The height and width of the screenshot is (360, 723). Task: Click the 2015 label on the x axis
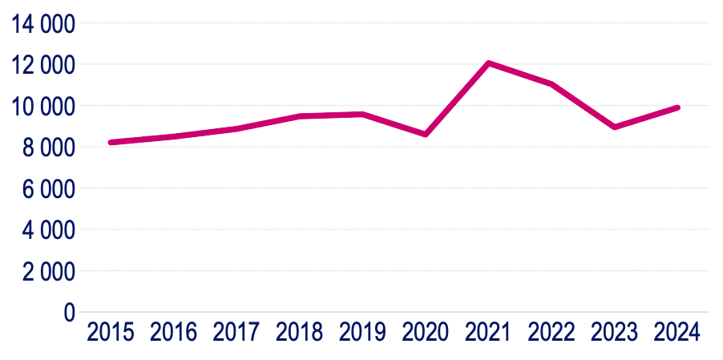point(111,332)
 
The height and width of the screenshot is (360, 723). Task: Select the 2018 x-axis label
point(299,332)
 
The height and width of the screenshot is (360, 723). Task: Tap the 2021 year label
point(488,332)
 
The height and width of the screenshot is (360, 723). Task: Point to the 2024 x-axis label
point(677,332)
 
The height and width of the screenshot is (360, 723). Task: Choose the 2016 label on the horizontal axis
point(173,332)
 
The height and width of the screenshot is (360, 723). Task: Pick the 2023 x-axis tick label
point(614,332)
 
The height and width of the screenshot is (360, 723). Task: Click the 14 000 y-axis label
point(43,24)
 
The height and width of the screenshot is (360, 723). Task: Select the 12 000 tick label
point(43,65)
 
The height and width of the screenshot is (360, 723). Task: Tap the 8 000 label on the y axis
point(49,148)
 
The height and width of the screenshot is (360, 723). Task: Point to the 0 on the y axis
point(69,313)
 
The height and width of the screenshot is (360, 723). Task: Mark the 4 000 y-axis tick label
point(49,230)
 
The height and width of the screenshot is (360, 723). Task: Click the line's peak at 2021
point(488,63)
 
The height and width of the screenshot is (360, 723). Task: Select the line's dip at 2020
point(426,134)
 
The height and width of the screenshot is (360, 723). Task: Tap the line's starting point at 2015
point(111,143)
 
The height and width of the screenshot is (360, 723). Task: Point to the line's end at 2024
point(677,107)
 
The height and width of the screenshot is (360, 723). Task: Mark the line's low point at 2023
point(614,127)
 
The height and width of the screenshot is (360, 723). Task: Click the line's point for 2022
point(551,83)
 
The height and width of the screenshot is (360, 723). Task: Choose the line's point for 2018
point(299,116)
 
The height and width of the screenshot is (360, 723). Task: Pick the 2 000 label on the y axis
point(49,272)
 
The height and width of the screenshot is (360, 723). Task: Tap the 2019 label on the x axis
point(362,332)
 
